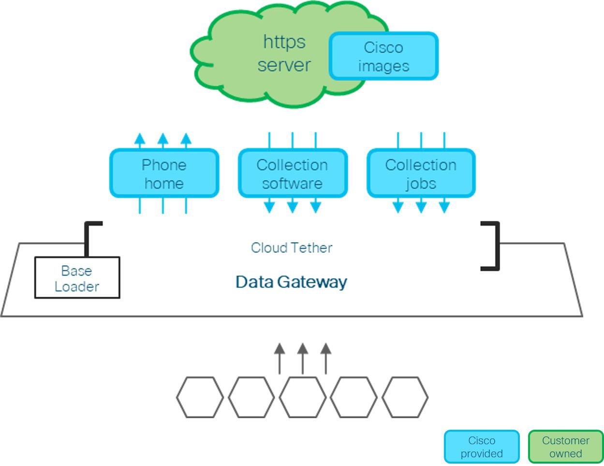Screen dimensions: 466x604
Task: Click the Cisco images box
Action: pyautogui.click(x=383, y=56)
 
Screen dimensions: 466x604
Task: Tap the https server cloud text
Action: pyautogui.click(x=284, y=53)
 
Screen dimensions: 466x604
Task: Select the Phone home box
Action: pyautogui.click(x=164, y=174)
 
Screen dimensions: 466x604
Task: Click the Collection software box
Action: pyautogui.click(x=293, y=174)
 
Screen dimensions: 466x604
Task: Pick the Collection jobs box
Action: pyautogui.click(x=421, y=174)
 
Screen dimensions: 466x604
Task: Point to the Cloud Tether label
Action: pyautogui.click(x=292, y=248)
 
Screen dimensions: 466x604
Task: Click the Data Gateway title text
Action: pyautogui.click(x=291, y=282)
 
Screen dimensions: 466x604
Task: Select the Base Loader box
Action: pyautogui.click(x=77, y=278)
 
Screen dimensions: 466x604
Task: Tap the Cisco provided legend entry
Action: pyautogui.click(x=482, y=447)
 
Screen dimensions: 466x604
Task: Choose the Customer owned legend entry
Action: pyautogui.click(x=565, y=447)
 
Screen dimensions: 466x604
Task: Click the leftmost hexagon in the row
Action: pyautogui.click(x=200, y=397)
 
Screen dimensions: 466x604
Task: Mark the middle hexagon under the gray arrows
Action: pyautogui.click(x=303, y=397)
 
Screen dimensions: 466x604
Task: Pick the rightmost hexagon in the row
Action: pyautogui.click(x=405, y=397)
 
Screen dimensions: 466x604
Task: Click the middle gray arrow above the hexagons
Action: pyautogui.click(x=303, y=358)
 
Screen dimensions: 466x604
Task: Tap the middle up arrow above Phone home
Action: pyautogui.click(x=163, y=140)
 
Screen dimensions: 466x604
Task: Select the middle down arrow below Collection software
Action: pyautogui.click(x=293, y=206)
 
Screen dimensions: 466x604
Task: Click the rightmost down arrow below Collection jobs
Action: pyautogui.click(x=444, y=206)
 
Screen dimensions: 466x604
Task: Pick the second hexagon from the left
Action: pyautogui.click(x=251, y=397)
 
